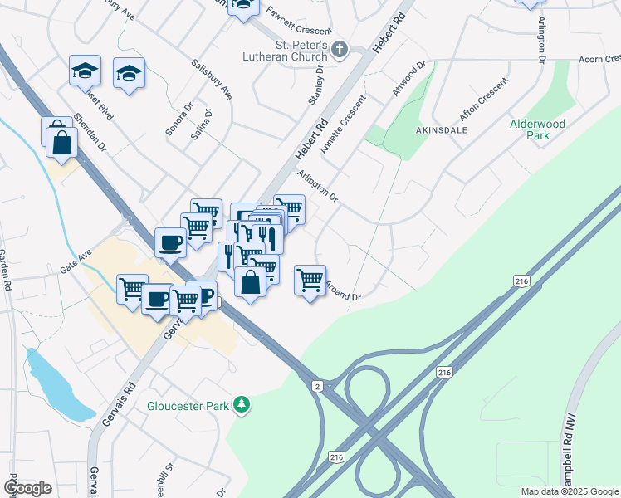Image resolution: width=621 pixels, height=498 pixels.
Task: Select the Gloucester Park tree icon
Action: (x=242, y=405)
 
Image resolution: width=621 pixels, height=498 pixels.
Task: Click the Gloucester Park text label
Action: (x=187, y=406)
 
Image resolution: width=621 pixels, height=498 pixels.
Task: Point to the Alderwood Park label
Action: (x=536, y=129)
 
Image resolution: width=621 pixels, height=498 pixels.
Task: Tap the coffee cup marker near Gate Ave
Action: (x=170, y=243)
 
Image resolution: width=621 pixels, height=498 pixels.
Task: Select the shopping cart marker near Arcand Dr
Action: (x=310, y=280)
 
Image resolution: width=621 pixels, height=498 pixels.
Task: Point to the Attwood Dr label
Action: (x=409, y=80)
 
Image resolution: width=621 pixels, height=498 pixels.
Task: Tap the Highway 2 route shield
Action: (x=317, y=386)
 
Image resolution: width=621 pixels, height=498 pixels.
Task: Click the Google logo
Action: (x=27, y=488)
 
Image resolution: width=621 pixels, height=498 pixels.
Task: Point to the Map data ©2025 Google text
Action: (x=569, y=491)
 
